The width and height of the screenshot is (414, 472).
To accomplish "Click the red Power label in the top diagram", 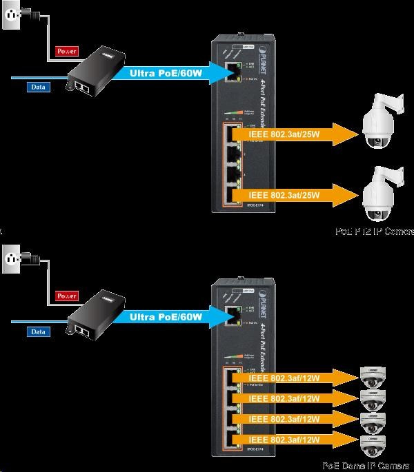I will click(67, 50).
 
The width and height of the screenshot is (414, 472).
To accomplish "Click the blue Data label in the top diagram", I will click(39, 87).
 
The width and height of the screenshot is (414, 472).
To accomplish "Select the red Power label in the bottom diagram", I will click(67, 296).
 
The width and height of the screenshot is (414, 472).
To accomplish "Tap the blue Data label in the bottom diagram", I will click(39, 331).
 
